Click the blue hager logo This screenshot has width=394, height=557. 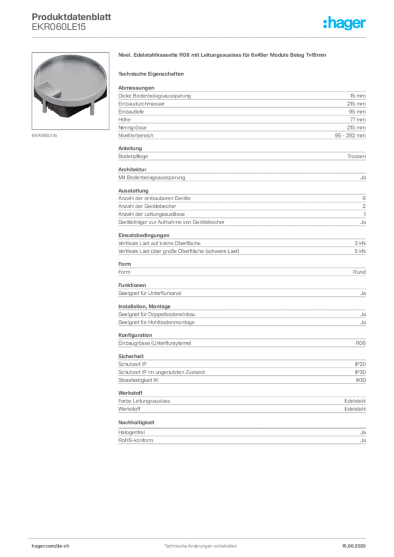click(345, 24)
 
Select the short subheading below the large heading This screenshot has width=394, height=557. click(153, 73)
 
